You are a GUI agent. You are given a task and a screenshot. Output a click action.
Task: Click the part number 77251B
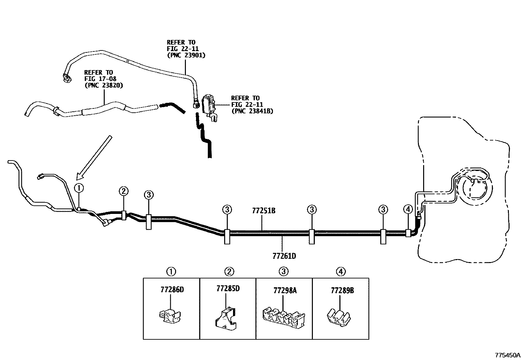pyautogui.click(x=263, y=211)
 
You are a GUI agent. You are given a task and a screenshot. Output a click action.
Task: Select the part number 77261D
pyautogui.click(x=284, y=256)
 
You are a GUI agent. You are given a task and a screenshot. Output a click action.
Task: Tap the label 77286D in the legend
pyautogui.click(x=172, y=290)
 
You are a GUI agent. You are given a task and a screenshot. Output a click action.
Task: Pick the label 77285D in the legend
pyautogui.click(x=228, y=289)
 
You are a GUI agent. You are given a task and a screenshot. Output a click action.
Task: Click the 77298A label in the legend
pyautogui.click(x=285, y=291)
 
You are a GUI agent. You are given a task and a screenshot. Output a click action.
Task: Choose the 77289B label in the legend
pyautogui.click(x=342, y=291)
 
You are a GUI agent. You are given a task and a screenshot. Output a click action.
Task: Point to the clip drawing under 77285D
pyautogui.click(x=225, y=318)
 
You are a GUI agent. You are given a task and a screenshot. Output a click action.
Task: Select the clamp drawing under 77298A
pyautogui.click(x=284, y=318)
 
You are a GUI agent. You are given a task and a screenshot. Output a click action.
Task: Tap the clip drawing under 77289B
pyautogui.click(x=339, y=317)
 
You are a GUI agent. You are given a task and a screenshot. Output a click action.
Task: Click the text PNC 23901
pyautogui.click(x=186, y=55)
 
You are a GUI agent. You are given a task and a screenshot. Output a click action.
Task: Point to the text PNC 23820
pyautogui.click(x=104, y=85)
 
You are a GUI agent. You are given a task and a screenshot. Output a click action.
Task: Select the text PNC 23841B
pyautogui.click(x=252, y=111)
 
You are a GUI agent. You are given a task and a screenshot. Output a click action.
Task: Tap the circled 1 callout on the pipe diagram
pyautogui.click(x=79, y=188)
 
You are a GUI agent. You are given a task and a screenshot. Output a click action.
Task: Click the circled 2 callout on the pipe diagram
pyautogui.click(x=123, y=191)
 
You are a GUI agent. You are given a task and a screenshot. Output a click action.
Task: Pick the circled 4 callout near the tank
pyautogui.click(x=408, y=209)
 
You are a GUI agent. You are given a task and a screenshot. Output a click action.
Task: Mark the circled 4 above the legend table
pyautogui.click(x=341, y=272)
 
